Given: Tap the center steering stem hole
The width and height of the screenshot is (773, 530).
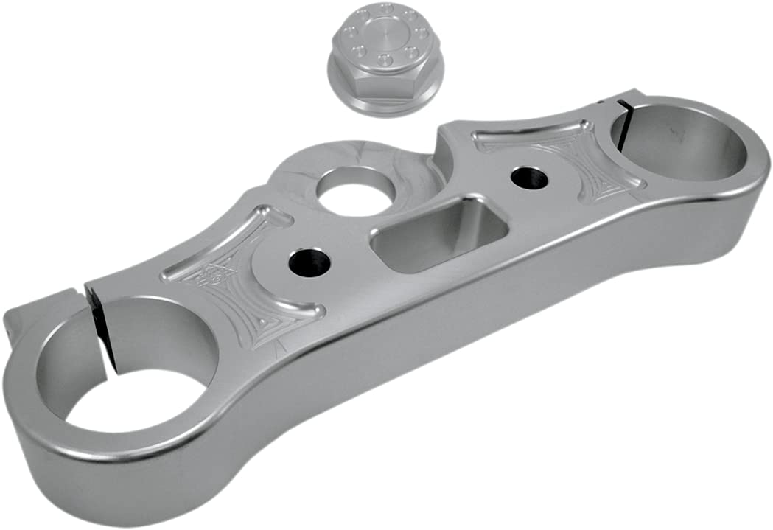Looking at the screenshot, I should click(352, 189).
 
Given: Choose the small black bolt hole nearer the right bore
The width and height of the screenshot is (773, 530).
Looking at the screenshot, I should click(529, 178).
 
